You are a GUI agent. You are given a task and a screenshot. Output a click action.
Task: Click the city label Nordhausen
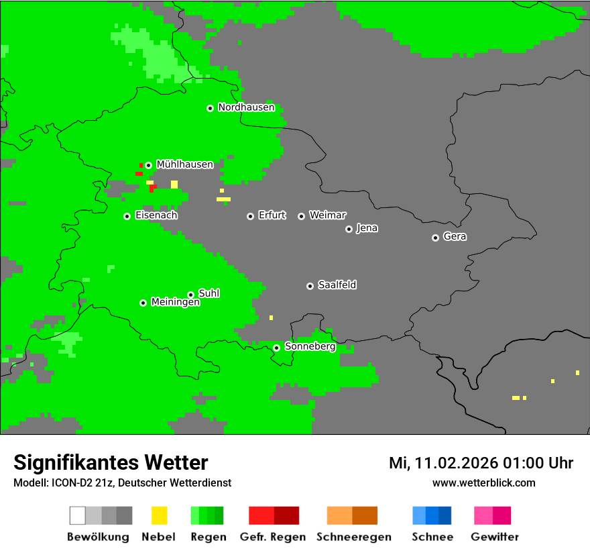[x=246, y=107]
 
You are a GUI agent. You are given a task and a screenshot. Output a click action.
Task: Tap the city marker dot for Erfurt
[x=250, y=216]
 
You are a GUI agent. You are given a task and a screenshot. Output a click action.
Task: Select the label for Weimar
[x=327, y=215]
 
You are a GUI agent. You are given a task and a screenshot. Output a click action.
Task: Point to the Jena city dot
[x=349, y=229]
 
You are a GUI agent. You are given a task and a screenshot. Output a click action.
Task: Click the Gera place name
[x=455, y=237]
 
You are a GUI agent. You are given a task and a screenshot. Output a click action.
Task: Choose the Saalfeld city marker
[x=310, y=286]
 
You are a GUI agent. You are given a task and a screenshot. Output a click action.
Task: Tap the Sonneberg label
[x=310, y=347]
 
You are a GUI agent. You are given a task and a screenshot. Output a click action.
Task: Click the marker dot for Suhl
[x=190, y=295]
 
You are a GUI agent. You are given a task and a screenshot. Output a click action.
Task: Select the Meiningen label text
[x=176, y=303]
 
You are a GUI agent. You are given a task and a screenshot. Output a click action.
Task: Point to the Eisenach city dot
[x=127, y=216]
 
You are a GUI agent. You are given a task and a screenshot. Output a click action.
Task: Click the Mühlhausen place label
[x=184, y=164]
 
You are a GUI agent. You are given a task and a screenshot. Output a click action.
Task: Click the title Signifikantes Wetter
[x=111, y=463]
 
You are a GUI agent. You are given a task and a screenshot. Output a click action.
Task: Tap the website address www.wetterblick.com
[x=483, y=483]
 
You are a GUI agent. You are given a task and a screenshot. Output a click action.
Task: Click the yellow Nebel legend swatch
[x=159, y=515]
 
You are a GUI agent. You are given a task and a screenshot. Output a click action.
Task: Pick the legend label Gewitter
[x=494, y=537]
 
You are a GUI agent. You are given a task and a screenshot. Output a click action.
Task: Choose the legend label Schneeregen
[x=353, y=537]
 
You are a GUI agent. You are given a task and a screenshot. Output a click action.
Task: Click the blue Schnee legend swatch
[x=432, y=515]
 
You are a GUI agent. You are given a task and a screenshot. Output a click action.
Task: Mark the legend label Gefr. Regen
[x=272, y=537]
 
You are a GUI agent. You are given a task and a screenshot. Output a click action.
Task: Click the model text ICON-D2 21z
[x=82, y=483]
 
